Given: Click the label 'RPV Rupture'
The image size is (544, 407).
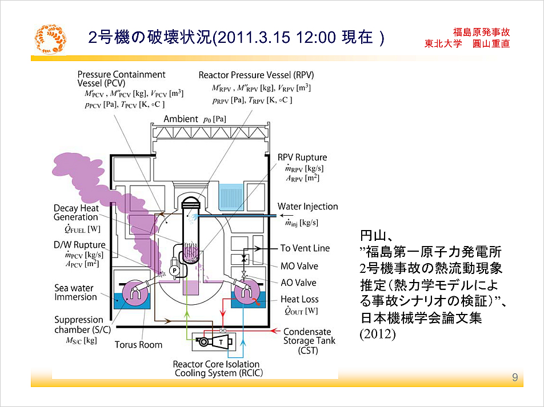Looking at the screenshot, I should click(302, 158).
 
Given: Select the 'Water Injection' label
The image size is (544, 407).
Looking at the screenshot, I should click(307, 207).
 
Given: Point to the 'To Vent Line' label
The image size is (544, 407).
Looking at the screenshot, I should click(305, 248).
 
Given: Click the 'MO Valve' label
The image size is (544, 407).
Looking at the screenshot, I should click(299, 266).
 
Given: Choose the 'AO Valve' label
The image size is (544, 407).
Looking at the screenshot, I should click(298, 283).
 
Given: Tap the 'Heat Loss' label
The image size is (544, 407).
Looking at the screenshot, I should click(299, 299).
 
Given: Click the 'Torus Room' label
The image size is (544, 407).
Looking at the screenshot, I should click(138, 345).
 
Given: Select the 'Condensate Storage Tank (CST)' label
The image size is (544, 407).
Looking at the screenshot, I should click(307, 341).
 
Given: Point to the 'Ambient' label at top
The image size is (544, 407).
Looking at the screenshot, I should click(181, 119).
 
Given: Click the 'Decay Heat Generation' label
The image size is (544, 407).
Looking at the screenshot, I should click(76, 212).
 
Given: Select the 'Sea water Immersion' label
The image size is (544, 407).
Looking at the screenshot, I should click(76, 293).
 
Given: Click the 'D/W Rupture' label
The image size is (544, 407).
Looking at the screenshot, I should click(79, 245).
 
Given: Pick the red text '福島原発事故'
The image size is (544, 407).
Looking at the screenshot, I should click(481, 33).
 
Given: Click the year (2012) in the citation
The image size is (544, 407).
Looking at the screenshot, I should click(377, 334).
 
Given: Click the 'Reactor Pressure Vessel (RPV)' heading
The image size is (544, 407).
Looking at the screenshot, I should click(256, 75).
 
